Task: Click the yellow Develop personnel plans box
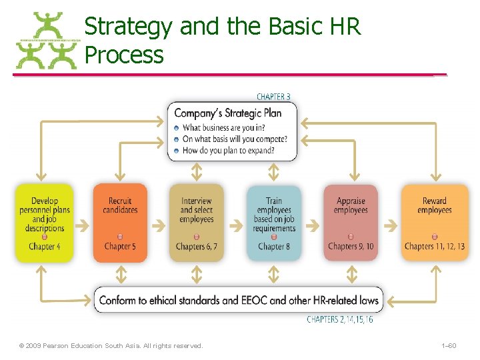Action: [x=44, y=223]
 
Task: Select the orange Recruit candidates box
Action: [x=120, y=223]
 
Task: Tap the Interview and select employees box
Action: [x=196, y=223]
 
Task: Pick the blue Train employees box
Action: [x=273, y=223]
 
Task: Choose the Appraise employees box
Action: [x=351, y=223]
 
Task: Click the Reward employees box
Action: [x=434, y=223]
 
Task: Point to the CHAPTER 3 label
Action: [x=273, y=97]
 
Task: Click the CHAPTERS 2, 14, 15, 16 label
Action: [x=340, y=320]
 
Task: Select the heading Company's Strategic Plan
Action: [x=228, y=113]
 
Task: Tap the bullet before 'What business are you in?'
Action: [x=176, y=128]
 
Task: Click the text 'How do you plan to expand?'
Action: [x=228, y=151]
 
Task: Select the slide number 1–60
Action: [x=449, y=345]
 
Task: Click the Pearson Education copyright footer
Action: [x=111, y=345]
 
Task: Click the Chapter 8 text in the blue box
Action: [x=273, y=247]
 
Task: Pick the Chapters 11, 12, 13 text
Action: [x=434, y=247]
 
